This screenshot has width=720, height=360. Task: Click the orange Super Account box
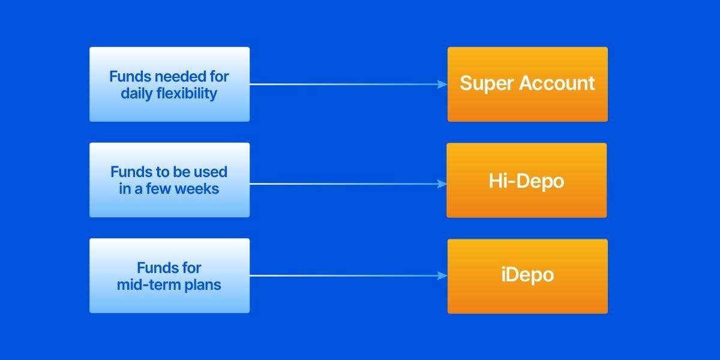click(x=527, y=84)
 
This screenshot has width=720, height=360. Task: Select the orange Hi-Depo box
click(x=526, y=180)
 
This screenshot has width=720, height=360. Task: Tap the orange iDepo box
click(x=527, y=276)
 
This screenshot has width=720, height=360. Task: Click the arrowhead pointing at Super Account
click(x=443, y=85)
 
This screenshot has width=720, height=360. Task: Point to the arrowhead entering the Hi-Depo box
click(x=442, y=184)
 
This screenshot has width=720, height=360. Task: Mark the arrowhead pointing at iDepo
click(x=443, y=276)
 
